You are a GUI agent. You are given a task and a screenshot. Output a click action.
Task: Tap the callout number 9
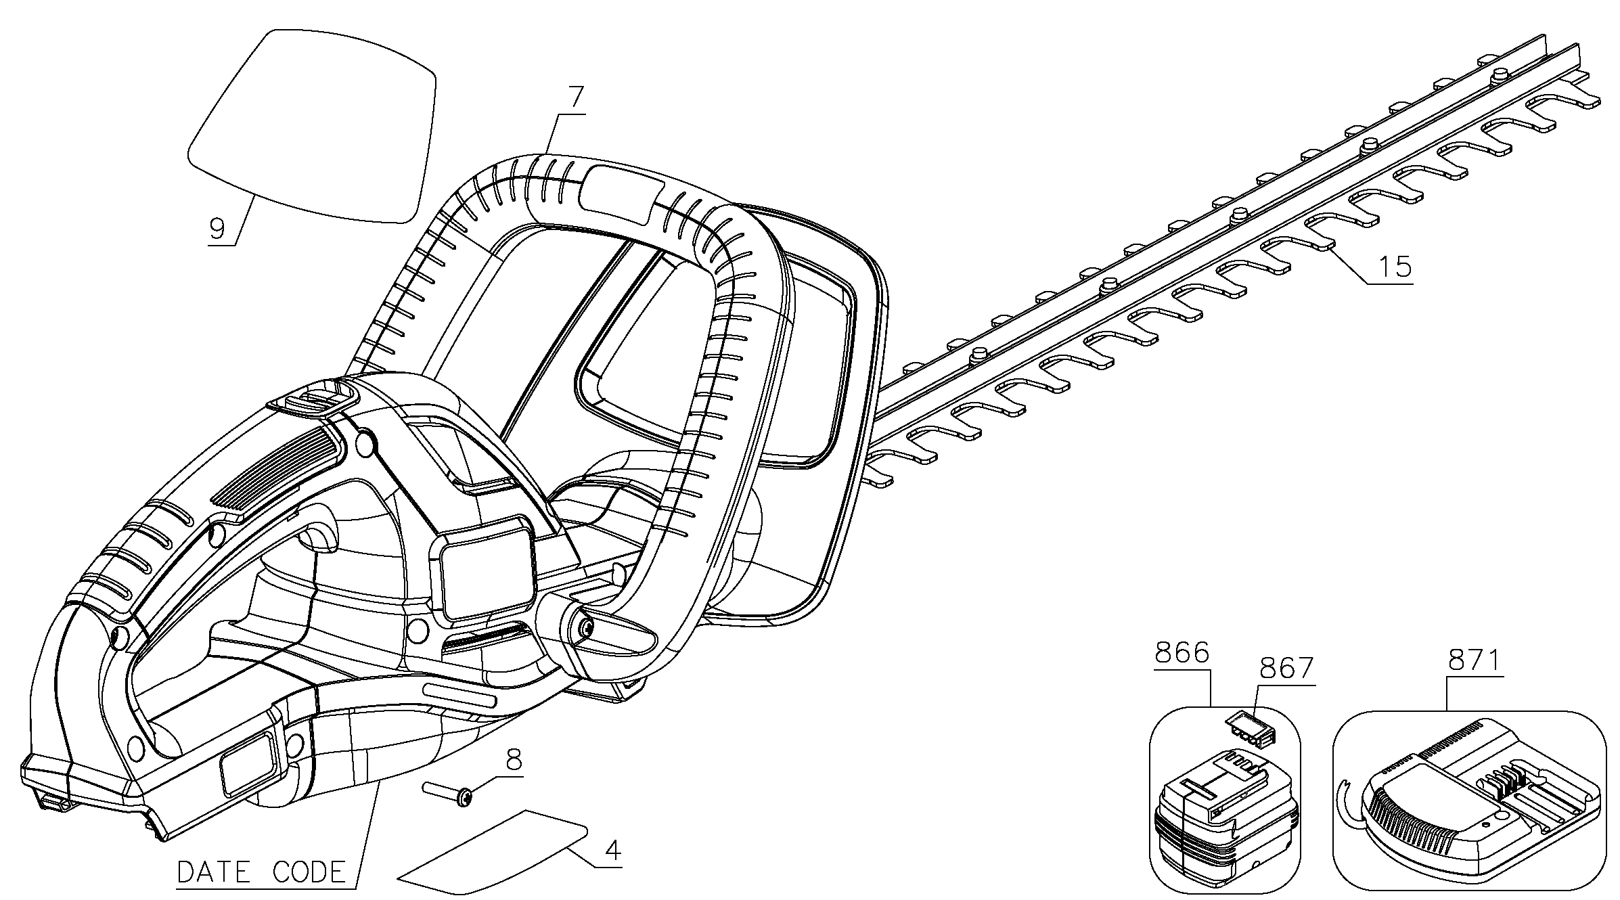217,229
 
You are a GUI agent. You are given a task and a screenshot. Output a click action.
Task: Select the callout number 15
1395,267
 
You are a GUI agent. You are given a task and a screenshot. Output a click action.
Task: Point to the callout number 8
514,761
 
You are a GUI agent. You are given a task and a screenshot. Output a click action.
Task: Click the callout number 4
612,851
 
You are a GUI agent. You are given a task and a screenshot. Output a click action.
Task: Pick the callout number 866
1182,654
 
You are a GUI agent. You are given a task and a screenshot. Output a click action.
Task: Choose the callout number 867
1285,669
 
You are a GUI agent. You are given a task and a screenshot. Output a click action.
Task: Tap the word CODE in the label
309,872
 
